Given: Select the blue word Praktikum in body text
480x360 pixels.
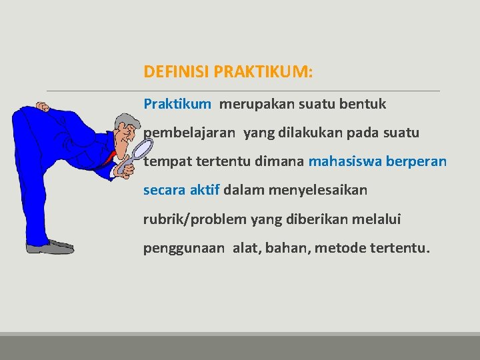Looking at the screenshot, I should click(177, 105).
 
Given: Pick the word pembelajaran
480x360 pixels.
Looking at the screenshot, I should click(189, 133).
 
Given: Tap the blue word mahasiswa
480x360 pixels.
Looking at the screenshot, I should click(345, 161).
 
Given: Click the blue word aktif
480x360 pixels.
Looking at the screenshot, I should click(204, 190).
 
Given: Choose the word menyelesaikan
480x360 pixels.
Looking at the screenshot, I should click(317, 190).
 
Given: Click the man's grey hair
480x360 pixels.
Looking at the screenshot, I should click(123, 122).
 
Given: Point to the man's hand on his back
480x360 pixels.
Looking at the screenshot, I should click(43, 107).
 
